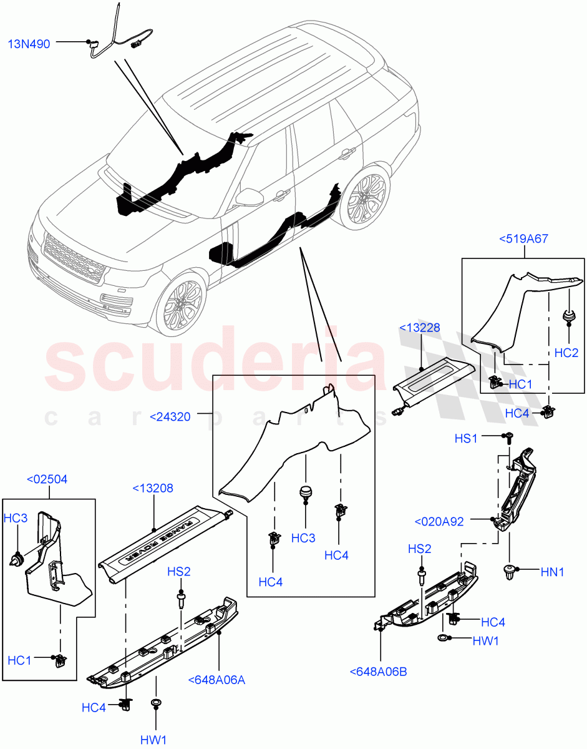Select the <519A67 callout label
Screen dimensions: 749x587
(x=523, y=238)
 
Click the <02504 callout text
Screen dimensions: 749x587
(x=47, y=479)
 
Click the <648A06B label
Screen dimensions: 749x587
(x=379, y=672)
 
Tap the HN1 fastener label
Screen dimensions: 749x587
(x=551, y=571)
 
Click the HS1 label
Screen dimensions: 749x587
(x=465, y=439)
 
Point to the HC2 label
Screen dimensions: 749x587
(x=566, y=353)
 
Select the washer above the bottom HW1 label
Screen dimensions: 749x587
(x=156, y=704)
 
